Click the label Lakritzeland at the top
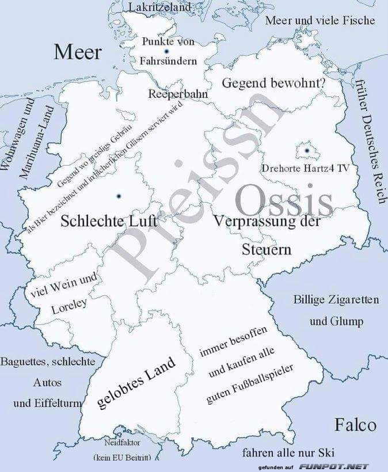coord(159,7)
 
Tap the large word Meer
coord(78,52)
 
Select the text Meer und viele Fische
coord(320,21)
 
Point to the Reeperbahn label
coord(177,94)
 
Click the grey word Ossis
coord(284,201)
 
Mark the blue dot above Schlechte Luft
coord(118,197)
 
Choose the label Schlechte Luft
coord(109,220)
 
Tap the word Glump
coord(336,321)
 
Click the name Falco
coord(355,425)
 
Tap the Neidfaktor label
coord(122,443)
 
